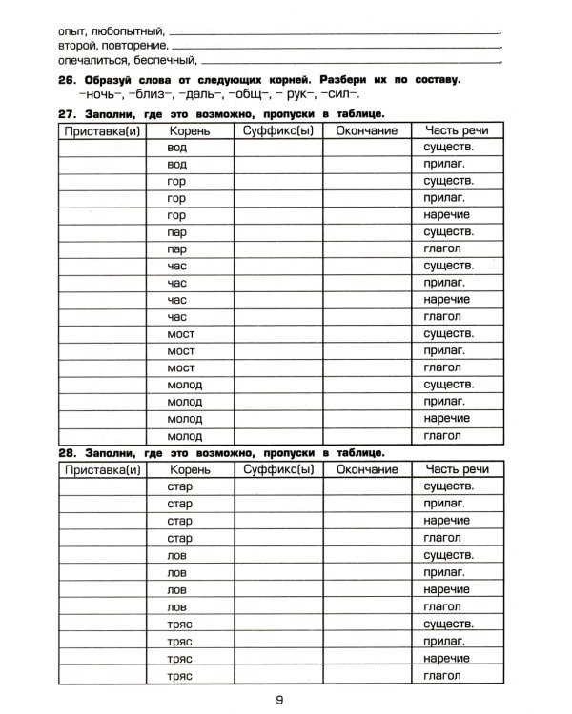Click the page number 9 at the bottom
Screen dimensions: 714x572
279,701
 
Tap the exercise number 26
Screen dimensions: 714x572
68,79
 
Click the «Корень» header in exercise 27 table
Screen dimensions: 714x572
189,130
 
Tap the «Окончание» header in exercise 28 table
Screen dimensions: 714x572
367,470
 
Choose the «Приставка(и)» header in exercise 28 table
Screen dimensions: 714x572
100,470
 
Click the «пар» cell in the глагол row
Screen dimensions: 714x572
176,248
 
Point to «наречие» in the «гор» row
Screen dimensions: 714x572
448,215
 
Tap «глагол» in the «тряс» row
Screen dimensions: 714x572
444,675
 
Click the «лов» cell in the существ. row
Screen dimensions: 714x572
176,555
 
